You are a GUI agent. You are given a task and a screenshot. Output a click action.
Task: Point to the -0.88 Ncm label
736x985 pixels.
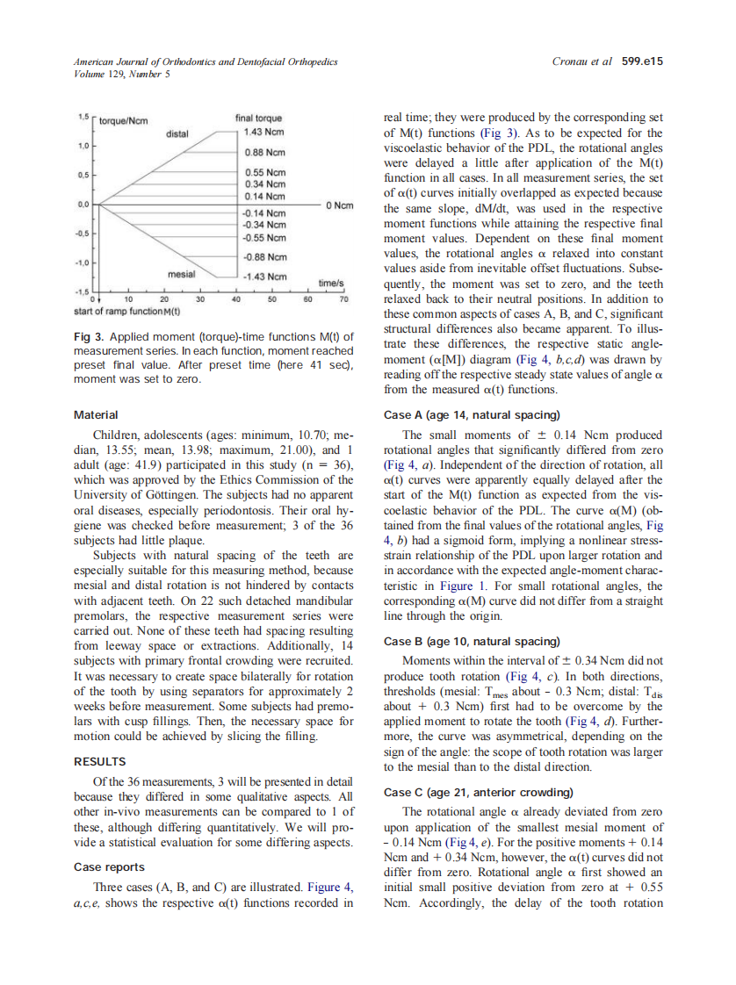click(x=264, y=257)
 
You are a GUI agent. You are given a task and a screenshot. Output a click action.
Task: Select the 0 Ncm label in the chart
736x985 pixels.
click(x=339, y=205)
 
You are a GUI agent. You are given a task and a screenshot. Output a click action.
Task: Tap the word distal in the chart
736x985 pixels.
click(x=177, y=134)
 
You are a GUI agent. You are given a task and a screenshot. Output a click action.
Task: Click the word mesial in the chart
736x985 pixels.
click(x=181, y=275)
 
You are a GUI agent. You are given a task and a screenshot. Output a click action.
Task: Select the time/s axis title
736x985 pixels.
click(x=330, y=284)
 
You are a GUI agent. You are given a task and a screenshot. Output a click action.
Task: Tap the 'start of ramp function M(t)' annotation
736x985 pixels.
click(x=127, y=311)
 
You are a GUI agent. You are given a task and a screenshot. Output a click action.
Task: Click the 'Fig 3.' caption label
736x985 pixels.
click(x=89, y=337)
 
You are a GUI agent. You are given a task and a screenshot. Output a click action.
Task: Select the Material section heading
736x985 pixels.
click(x=95, y=414)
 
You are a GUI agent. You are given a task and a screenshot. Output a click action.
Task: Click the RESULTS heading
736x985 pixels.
click(x=99, y=762)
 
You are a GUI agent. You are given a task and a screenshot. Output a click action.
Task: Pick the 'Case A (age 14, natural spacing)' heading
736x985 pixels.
click(x=472, y=414)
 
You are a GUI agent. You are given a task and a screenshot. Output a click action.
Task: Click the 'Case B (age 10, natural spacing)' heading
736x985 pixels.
click(x=472, y=642)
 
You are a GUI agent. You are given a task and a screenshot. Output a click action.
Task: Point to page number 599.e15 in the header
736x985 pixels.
click(x=642, y=61)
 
